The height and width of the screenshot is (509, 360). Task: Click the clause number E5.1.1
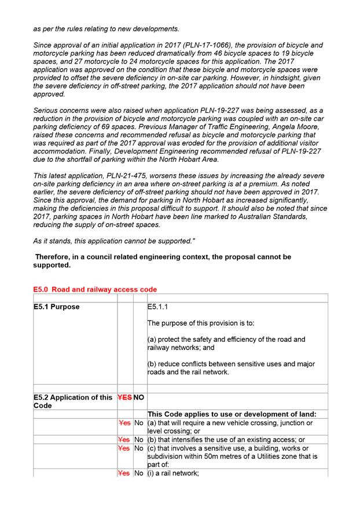pos(158,307)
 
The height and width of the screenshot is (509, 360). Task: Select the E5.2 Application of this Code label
pos(72,401)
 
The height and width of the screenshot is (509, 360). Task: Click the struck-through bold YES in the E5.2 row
pos(124,397)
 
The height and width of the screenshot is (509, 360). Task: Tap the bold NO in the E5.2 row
pos(139,397)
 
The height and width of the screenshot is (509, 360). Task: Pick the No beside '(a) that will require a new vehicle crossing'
pos(139,423)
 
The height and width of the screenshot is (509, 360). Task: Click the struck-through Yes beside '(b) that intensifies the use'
pos(125,440)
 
